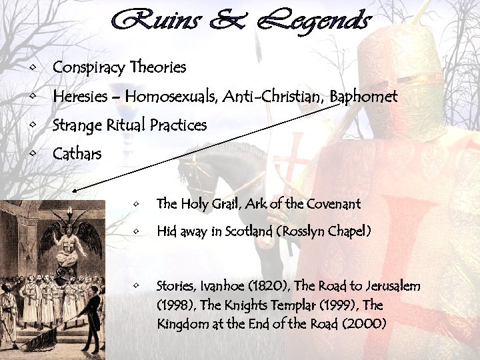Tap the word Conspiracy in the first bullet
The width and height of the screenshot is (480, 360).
[90, 68]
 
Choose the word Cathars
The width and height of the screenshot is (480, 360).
[77, 155]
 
